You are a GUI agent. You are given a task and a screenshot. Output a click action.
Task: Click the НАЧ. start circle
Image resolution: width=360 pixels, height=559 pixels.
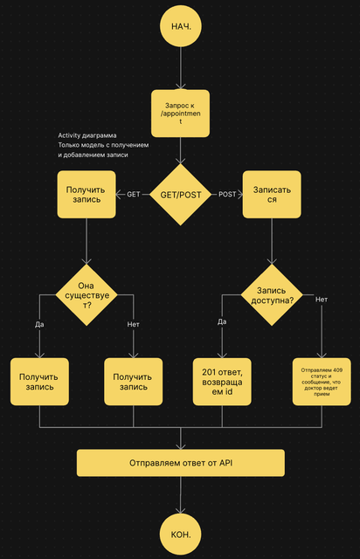pos(181,26)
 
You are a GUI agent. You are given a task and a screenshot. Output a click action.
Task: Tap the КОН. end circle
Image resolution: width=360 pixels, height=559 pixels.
pos(181,534)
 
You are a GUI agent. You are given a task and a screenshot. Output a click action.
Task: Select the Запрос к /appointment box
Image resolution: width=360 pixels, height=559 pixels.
pos(180,114)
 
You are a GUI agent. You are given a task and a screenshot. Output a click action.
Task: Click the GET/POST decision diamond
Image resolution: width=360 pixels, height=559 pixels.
pos(181,195)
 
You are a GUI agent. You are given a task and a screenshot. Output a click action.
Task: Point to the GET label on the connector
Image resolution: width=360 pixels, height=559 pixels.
pos(134,194)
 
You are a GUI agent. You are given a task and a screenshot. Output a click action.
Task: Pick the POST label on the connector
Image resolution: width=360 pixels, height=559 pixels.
pos(227,194)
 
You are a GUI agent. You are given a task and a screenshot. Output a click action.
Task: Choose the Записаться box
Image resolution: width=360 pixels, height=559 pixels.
pos(272,194)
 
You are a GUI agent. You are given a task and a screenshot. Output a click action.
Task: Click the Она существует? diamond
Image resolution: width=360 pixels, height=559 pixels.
pos(87,295)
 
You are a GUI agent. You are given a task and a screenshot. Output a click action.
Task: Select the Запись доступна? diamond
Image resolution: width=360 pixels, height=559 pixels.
pos(272,295)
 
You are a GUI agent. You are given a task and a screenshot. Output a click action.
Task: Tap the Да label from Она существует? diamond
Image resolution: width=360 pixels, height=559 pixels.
pos(39,324)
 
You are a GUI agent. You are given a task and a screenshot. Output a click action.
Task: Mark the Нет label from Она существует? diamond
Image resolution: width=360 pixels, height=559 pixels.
pos(134,324)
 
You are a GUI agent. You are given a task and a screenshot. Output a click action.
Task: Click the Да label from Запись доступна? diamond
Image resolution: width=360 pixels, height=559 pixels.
pos(222,321)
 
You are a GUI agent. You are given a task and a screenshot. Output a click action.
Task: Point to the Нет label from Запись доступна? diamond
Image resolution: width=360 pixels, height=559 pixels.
pos(322,300)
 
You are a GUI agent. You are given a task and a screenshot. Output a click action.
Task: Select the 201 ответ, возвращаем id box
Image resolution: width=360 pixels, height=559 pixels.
pos(222,382)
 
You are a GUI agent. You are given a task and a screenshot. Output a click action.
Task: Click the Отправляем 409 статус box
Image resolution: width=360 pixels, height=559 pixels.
pos(322,382)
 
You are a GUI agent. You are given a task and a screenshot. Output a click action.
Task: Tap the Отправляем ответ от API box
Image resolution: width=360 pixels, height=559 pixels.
pos(181,463)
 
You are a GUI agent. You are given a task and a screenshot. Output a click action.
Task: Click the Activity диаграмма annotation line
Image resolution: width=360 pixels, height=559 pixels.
pos(87,135)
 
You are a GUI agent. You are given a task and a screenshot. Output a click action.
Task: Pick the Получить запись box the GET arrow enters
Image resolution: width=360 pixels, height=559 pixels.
pos(87,194)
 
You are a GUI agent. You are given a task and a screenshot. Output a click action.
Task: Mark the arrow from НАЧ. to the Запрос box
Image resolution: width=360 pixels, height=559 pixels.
pos(181,68)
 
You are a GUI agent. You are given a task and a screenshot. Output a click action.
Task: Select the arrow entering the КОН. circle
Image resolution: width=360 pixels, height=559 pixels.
pos(181,495)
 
